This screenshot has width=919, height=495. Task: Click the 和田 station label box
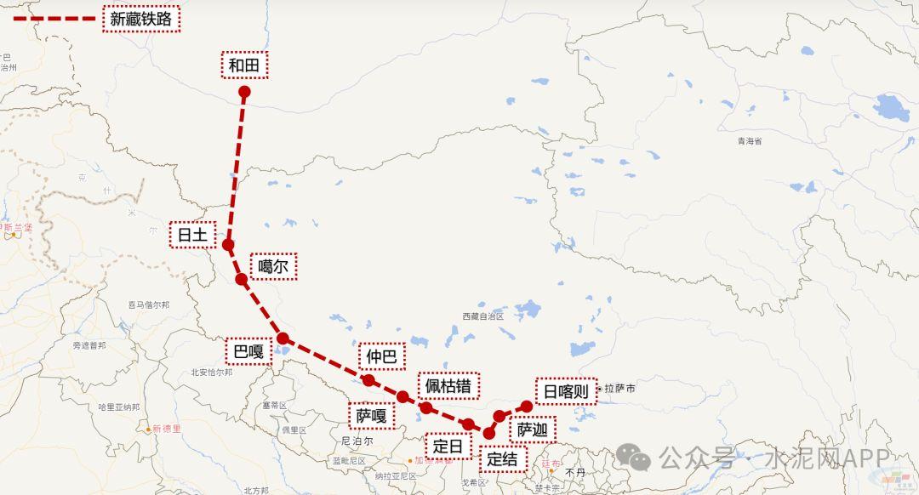click(245, 65)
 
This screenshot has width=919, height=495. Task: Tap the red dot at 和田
click(244, 92)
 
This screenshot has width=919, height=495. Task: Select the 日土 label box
click(192, 235)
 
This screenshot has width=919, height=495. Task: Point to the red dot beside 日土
click(228, 245)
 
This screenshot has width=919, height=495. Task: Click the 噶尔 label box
click(274, 266)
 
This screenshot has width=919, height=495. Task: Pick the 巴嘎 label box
click(248, 350)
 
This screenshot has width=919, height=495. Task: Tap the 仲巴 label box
click(382, 357)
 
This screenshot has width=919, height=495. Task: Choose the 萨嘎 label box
click(372, 415)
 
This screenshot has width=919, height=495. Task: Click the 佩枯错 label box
click(448, 386)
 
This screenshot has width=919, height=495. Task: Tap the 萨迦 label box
click(533, 430)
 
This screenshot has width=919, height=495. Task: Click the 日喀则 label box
click(566, 390)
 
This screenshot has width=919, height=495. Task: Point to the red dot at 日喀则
click(527, 406)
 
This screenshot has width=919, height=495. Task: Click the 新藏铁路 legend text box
click(141, 18)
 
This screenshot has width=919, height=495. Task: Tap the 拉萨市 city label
click(619, 389)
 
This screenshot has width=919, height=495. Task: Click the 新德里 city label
click(165, 429)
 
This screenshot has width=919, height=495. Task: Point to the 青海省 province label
click(750, 140)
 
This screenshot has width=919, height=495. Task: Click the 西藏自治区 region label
click(483, 316)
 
